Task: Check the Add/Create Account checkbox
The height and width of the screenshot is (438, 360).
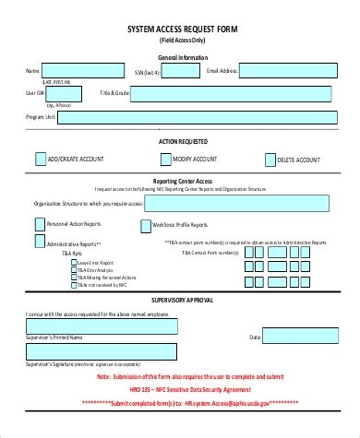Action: point(41,159)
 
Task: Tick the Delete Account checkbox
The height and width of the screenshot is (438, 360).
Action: point(269,159)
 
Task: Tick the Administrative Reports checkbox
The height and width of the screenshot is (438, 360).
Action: point(38,241)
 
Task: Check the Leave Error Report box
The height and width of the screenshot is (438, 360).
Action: point(74,261)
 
